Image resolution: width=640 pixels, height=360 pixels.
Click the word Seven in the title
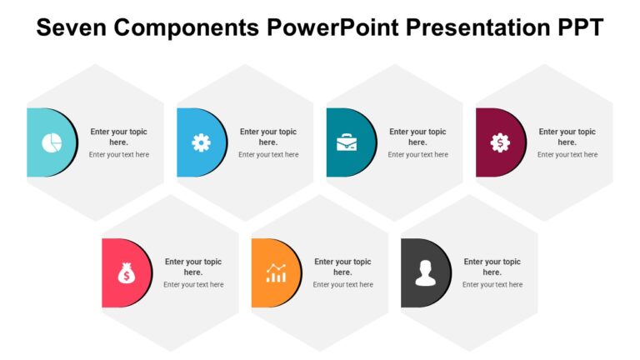tap(70, 27)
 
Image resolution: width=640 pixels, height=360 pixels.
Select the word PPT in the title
tap(574, 27)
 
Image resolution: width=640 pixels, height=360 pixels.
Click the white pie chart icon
tap(52, 142)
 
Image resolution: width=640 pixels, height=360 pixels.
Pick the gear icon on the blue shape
tap(201, 142)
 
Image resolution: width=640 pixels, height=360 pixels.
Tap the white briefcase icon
tap(347, 142)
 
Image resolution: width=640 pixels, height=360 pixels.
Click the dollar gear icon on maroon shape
tap(499, 142)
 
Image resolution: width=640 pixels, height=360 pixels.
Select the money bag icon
tap(126, 272)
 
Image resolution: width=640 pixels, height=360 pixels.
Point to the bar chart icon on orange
tap(276, 272)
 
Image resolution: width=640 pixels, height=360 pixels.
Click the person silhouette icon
tap(425, 272)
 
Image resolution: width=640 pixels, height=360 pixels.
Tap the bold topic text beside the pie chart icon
tap(118, 137)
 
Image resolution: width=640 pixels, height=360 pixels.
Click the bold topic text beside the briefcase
tap(417, 137)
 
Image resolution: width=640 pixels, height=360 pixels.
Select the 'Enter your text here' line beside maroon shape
tap(567, 155)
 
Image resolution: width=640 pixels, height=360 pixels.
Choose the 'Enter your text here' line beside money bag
tap(193, 285)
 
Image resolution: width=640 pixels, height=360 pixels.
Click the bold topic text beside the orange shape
tap(342, 267)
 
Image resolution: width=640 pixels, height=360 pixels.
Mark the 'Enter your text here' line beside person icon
tap(492, 285)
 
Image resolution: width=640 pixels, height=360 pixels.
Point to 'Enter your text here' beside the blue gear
tap(268, 155)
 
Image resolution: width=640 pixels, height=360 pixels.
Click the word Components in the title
tap(189, 27)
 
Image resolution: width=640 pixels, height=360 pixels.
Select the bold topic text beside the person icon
tap(492, 267)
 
